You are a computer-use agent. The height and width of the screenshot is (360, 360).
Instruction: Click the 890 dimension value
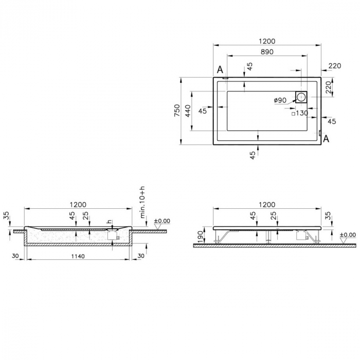(266, 52)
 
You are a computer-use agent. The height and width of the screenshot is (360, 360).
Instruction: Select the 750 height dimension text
(177, 111)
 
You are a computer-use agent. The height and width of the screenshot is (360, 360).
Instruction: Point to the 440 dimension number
(188, 110)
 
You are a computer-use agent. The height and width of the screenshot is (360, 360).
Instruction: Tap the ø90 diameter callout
(280, 100)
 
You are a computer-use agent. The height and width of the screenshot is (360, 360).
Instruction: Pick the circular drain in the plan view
(301, 97)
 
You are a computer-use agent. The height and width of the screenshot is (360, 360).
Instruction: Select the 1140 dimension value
(78, 256)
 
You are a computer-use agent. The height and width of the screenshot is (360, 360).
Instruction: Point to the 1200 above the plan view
(267, 41)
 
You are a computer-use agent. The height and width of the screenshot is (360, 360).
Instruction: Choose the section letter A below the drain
(326, 138)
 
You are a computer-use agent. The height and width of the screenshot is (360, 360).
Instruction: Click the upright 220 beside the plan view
(335, 65)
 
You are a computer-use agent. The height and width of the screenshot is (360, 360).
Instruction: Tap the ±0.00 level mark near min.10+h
(162, 221)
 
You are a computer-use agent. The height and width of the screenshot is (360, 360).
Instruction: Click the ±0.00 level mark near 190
(348, 235)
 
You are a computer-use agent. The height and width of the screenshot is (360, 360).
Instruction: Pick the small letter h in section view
(109, 222)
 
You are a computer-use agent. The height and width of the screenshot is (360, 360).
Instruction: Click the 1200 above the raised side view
(267, 205)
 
